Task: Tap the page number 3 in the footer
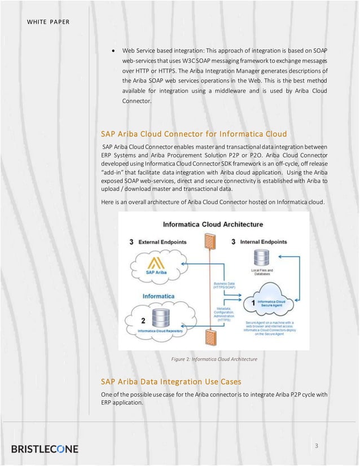click(x=317, y=446)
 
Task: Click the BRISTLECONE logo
click(x=45, y=449)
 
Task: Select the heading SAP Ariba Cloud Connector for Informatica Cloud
click(x=194, y=134)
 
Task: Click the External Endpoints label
click(x=160, y=242)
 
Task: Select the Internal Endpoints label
click(x=265, y=242)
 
